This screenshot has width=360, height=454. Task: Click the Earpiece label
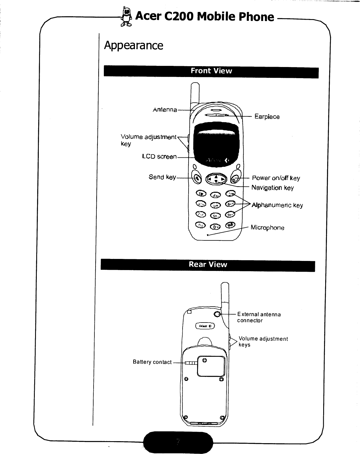pos(267,117)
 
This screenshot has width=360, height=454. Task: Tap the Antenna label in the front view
pos(165,110)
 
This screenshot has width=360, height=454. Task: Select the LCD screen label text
pos(159,157)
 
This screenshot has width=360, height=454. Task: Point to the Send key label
pos(162,177)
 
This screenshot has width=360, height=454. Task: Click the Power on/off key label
pos(276,178)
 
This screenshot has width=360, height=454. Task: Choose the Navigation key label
pos(272,188)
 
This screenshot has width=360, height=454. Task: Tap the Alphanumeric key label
pos(277,205)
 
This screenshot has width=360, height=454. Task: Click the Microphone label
pos(267,228)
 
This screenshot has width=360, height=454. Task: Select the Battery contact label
pos(152,362)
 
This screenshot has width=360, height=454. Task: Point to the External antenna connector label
pos(259,317)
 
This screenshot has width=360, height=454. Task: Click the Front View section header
pos(211,71)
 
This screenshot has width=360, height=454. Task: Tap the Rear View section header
pos(208,264)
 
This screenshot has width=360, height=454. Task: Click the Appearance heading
pos(134,45)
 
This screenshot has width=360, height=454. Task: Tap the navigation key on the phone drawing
pos(216,179)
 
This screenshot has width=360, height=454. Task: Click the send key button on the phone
pos(197,179)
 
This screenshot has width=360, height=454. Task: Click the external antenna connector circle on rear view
pos(217,314)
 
